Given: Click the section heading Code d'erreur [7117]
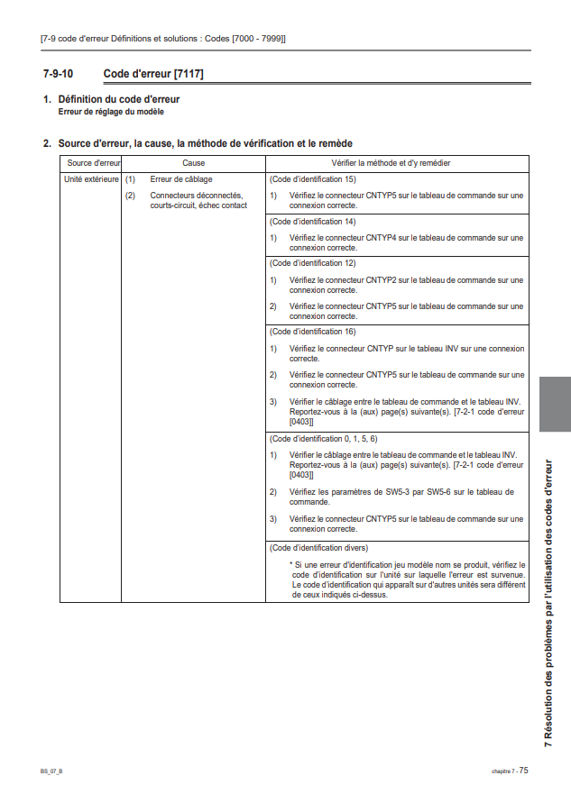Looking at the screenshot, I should pos(152,73).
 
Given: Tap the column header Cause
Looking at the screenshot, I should pos(193,163).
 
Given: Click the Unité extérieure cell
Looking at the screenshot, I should pos(91,179).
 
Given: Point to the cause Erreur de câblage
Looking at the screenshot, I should pos(180,179).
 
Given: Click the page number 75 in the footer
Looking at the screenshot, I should pos(523,770).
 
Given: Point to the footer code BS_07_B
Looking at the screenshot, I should pos(51,771).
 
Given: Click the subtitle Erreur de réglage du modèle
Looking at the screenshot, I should pos(112,112).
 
